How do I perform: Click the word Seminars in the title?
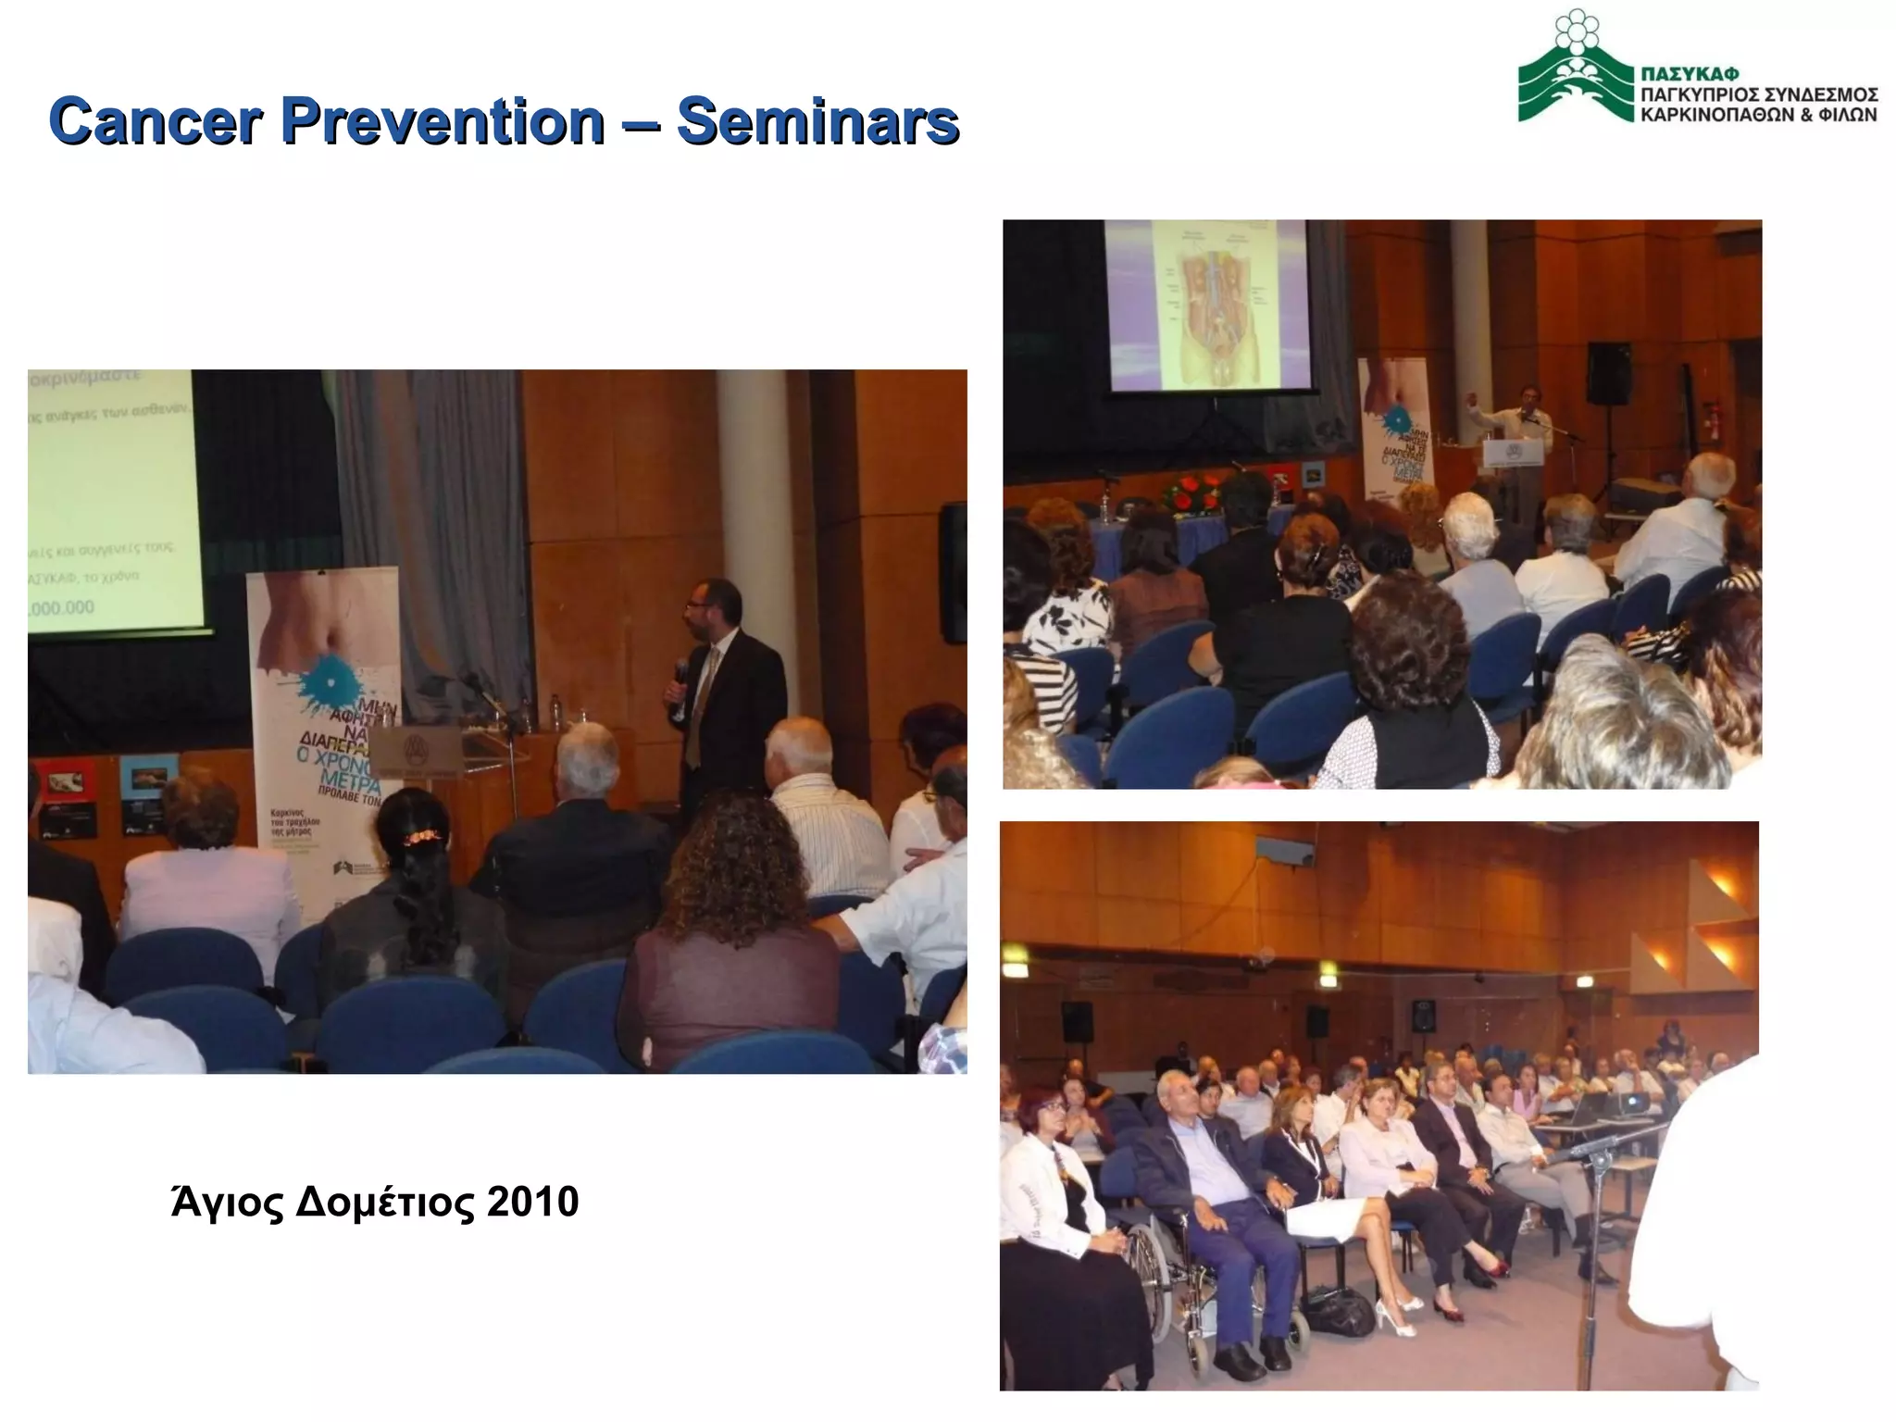[x=817, y=121]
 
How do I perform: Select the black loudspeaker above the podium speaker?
[x=1609, y=373]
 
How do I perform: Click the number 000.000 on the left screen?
[x=60, y=607]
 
